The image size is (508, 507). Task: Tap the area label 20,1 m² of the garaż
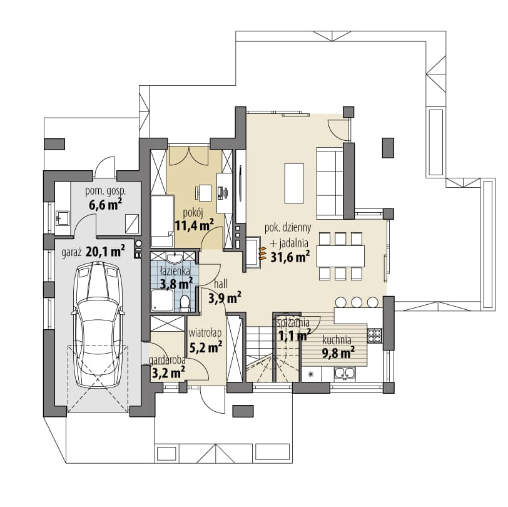pyautogui.click(x=106, y=252)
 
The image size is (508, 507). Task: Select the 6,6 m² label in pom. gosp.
pyautogui.click(x=106, y=205)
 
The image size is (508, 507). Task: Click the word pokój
pyautogui.click(x=193, y=213)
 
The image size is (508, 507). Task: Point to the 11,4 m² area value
pyautogui.click(x=195, y=225)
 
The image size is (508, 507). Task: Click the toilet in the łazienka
pyautogui.click(x=185, y=303)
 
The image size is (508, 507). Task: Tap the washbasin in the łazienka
pyautogui.click(x=175, y=258)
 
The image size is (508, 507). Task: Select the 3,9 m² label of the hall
pyautogui.click(x=225, y=297)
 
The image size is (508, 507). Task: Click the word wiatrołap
pyautogui.click(x=205, y=332)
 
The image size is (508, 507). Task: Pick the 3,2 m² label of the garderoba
pyautogui.click(x=168, y=372)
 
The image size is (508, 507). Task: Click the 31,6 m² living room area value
pyautogui.click(x=290, y=257)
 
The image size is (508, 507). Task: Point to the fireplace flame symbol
pyautogui.click(x=262, y=253)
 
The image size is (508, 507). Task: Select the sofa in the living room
pyautogui.click(x=330, y=183)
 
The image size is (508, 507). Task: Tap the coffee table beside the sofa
pyautogui.click(x=294, y=183)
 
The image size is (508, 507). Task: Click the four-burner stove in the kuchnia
pyautogui.click(x=374, y=335)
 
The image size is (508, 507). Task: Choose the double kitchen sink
pyautogui.click(x=345, y=373)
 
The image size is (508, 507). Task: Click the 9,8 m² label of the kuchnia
pyautogui.click(x=338, y=352)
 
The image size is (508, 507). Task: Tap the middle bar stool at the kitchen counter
pyautogui.click(x=357, y=302)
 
